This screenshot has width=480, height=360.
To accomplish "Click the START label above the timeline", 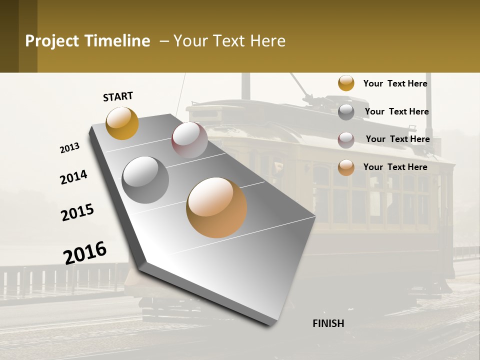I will (x=118, y=96).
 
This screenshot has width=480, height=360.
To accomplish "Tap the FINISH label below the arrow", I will (x=328, y=323).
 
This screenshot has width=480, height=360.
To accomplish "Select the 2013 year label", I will (x=69, y=148).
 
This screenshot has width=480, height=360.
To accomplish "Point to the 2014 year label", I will (x=73, y=177).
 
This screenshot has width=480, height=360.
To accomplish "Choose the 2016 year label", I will (x=85, y=252).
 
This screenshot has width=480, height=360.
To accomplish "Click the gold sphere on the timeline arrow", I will (x=122, y=123).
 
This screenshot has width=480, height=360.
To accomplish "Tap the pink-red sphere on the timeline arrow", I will (x=189, y=140).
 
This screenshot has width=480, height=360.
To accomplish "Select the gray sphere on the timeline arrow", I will (x=145, y=179).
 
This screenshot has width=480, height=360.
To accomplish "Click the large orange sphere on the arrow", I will (x=216, y=207).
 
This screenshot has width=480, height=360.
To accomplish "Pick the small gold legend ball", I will (x=346, y=83).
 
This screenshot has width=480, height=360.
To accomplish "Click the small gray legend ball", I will (x=346, y=112).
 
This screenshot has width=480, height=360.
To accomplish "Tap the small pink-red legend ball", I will (x=346, y=140).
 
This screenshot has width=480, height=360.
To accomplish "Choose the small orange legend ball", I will (x=346, y=167).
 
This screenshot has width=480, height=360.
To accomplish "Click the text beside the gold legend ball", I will (x=395, y=83).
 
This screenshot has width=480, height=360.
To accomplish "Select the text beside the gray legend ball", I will (x=396, y=111).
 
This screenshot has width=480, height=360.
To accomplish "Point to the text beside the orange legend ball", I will (x=395, y=167).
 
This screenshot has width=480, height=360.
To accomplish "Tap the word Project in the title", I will (x=51, y=41).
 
